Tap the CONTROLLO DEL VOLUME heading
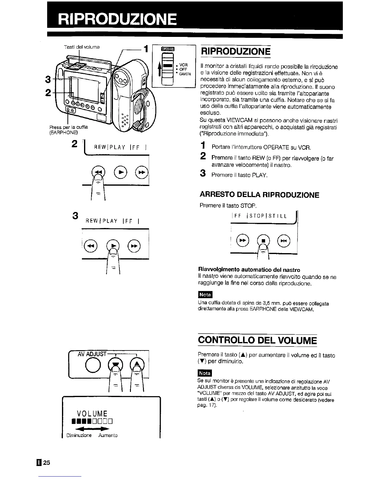tap(257, 341)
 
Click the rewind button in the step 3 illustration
tap(90, 245)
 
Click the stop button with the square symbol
tap(263, 241)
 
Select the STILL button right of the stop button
tap(285, 241)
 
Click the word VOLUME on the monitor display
tap(92, 413)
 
